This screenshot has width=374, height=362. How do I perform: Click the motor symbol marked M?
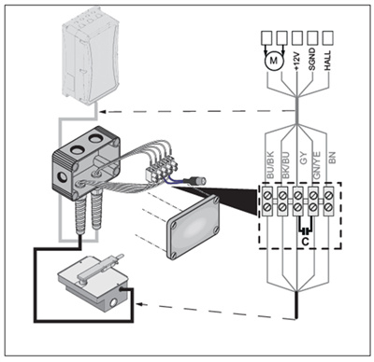273,61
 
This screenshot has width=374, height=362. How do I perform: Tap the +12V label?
296,61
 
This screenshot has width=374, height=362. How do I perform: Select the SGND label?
312,59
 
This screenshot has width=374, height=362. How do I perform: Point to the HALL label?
327,60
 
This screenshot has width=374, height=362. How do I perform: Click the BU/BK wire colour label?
270,165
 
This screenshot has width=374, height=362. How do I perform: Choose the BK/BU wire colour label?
285,165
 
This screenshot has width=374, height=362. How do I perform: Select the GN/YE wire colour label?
316,165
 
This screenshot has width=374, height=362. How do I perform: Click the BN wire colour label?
332,158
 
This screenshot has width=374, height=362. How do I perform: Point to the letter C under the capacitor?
306,242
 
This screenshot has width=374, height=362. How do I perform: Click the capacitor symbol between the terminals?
306,230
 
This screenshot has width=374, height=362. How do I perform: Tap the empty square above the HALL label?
327,37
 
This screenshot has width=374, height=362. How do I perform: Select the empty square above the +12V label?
297,37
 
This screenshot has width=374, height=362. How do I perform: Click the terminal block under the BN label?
329,202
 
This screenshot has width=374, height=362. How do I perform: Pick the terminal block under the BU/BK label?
268,202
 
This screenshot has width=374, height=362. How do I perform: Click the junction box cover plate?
194,227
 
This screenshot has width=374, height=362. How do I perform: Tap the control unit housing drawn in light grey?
91,58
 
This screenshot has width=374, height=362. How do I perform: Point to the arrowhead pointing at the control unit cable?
105,111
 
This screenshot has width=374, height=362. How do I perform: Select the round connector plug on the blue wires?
198,180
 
